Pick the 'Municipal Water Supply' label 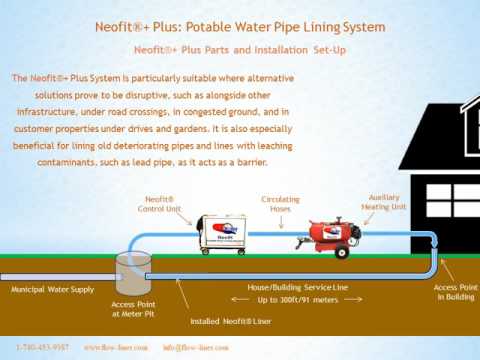51,289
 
